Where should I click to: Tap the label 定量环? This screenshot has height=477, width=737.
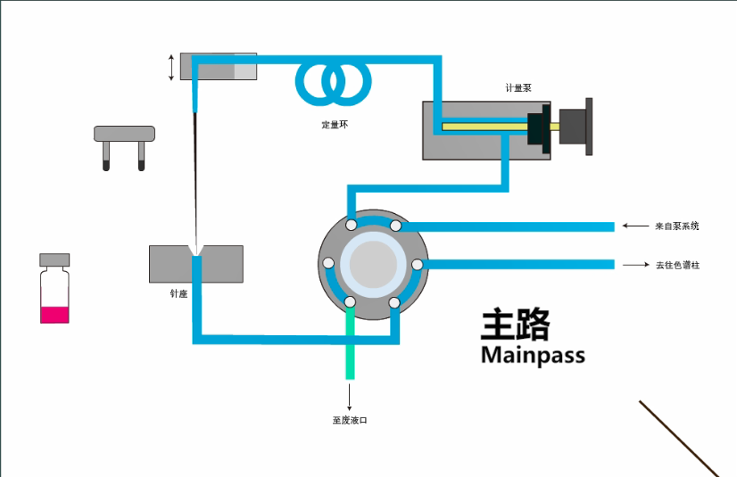335,125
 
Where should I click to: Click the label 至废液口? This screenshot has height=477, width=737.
350,420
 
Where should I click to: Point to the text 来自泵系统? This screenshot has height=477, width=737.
676,226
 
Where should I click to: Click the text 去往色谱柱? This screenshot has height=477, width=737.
677,265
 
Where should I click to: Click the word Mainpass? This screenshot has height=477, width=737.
533,355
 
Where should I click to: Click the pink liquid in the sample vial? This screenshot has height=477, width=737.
54,314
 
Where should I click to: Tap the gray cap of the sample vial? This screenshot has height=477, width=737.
54,259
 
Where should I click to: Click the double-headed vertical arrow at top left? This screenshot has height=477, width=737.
172,67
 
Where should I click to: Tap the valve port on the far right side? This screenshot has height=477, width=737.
416,264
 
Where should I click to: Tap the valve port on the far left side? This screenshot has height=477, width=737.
328,264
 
